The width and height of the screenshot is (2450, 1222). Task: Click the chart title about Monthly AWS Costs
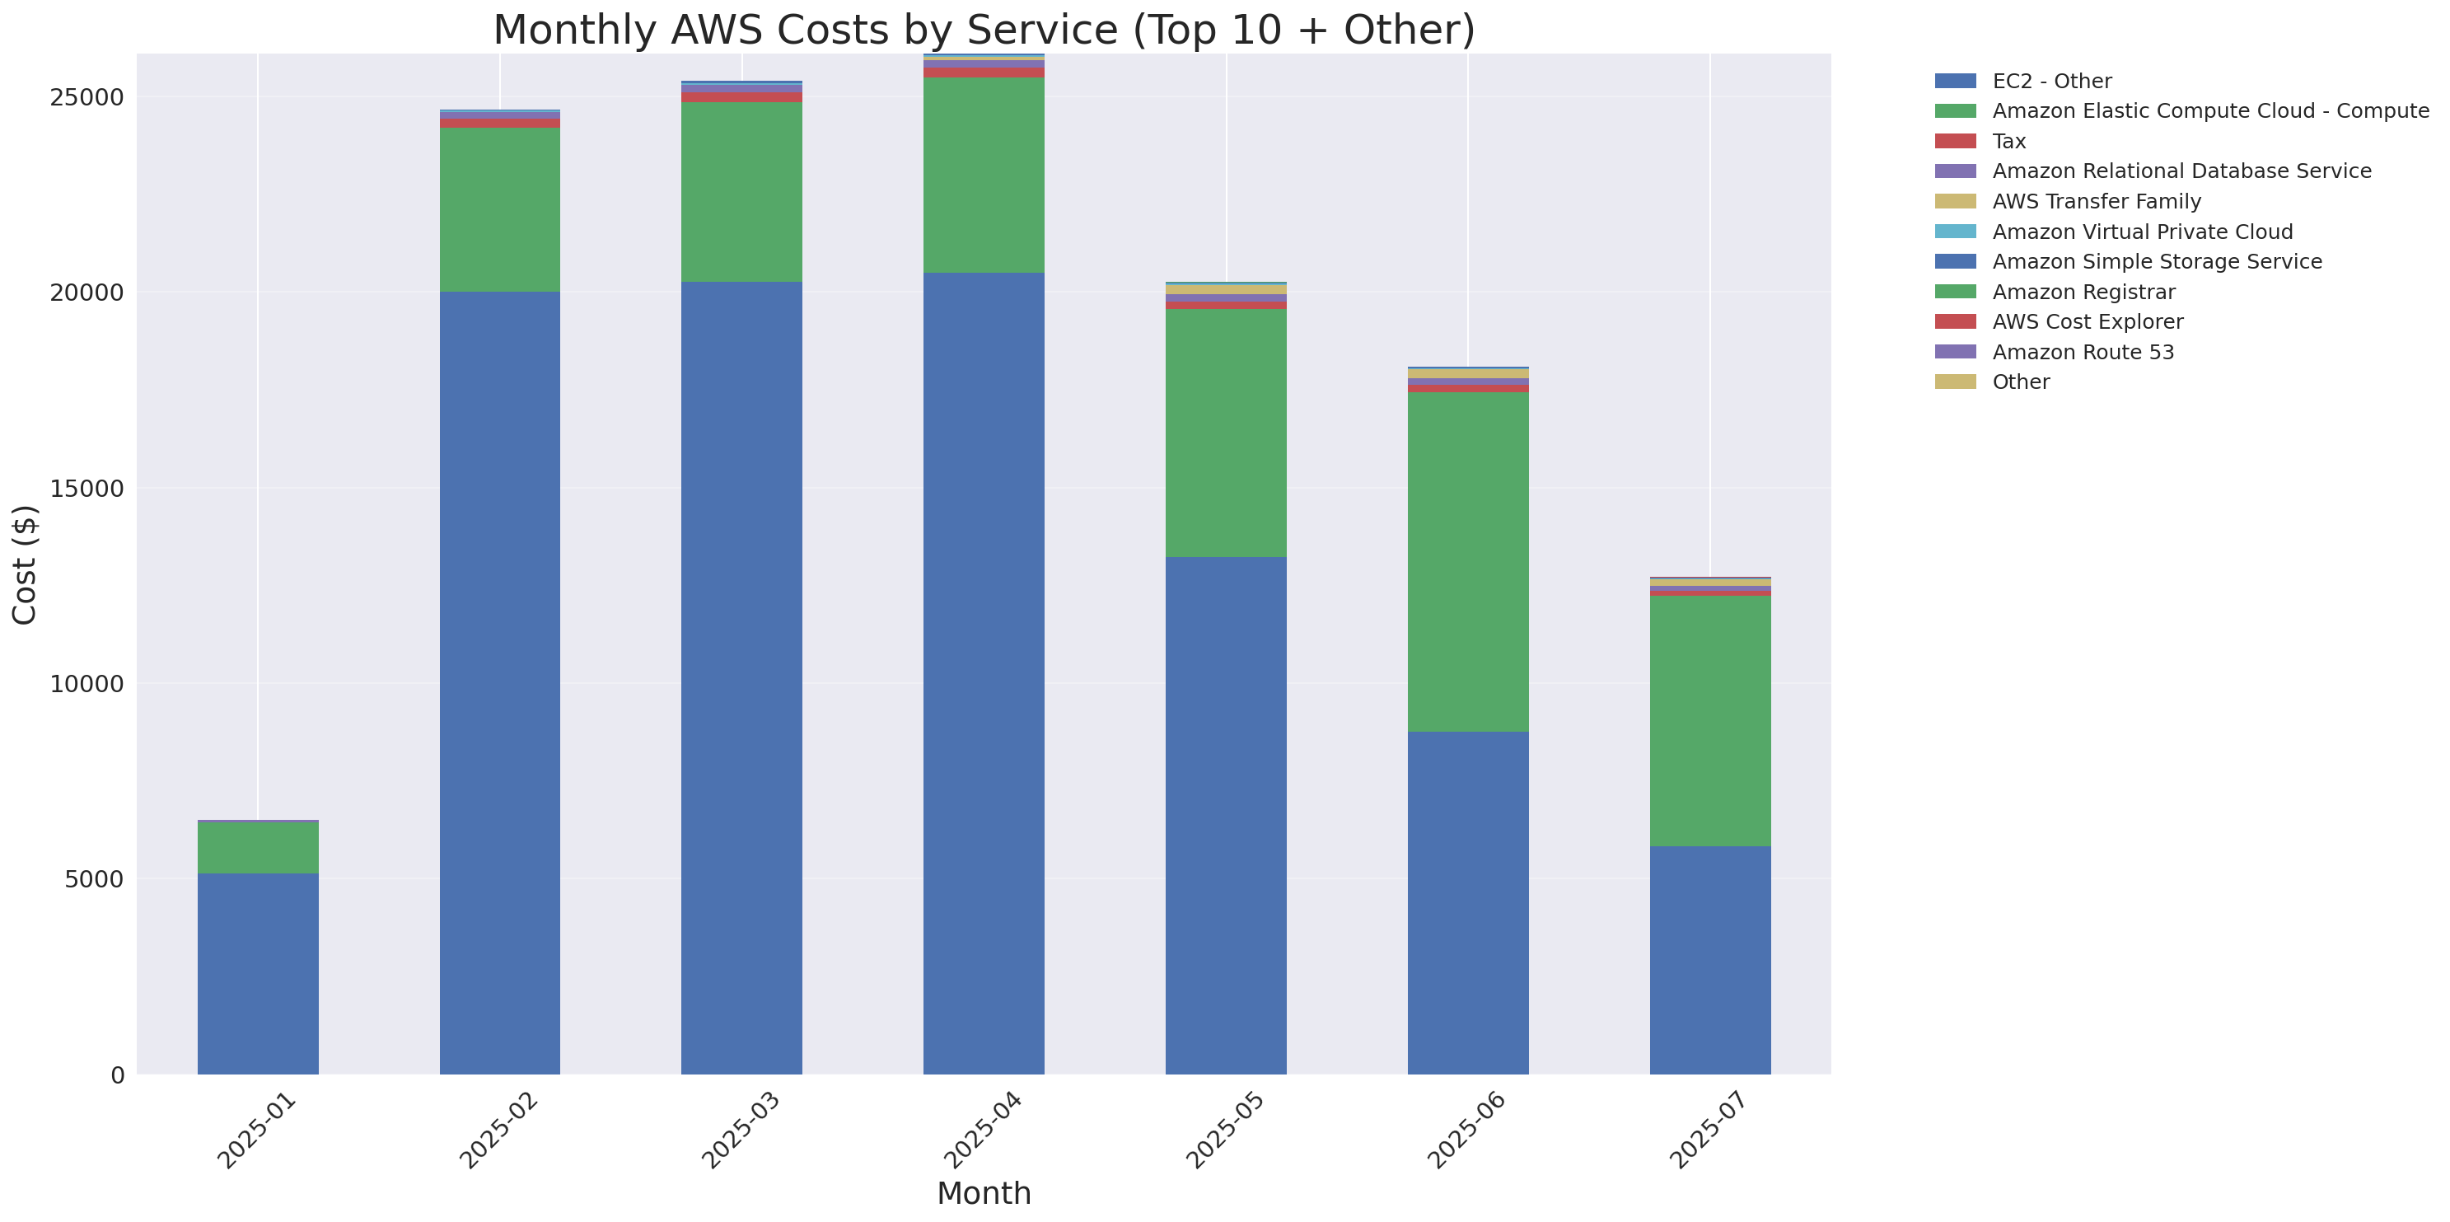click(x=984, y=30)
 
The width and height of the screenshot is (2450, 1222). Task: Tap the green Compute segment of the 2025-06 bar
click(x=1467, y=561)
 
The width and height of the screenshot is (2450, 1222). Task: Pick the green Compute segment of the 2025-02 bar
click(x=499, y=209)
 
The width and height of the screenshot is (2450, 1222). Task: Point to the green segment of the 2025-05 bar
click(x=1226, y=433)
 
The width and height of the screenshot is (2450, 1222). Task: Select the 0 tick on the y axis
click(x=117, y=1075)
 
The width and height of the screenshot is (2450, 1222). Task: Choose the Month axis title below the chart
click(x=984, y=1193)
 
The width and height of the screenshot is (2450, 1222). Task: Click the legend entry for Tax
click(x=2008, y=142)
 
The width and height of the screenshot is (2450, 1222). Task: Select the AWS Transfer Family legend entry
click(x=2097, y=202)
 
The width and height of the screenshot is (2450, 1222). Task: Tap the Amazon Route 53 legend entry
click(x=2083, y=353)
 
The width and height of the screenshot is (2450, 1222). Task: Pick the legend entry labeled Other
click(x=2020, y=382)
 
